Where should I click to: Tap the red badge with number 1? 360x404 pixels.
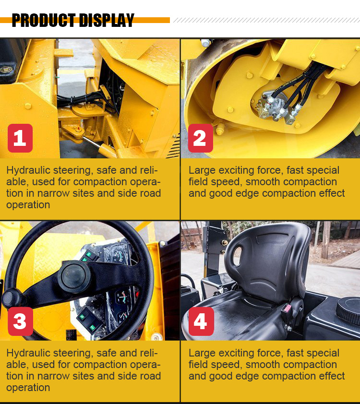point(20,138)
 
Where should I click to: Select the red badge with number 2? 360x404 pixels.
point(201,138)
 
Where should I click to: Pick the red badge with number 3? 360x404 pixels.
point(20,321)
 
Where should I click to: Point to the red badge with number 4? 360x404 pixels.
point(201,321)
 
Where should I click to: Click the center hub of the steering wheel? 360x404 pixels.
point(74,276)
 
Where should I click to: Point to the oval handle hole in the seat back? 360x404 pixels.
point(237,256)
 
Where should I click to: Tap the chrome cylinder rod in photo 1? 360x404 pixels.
point(91,142)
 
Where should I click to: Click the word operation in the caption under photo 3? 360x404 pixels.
point(28,387)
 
